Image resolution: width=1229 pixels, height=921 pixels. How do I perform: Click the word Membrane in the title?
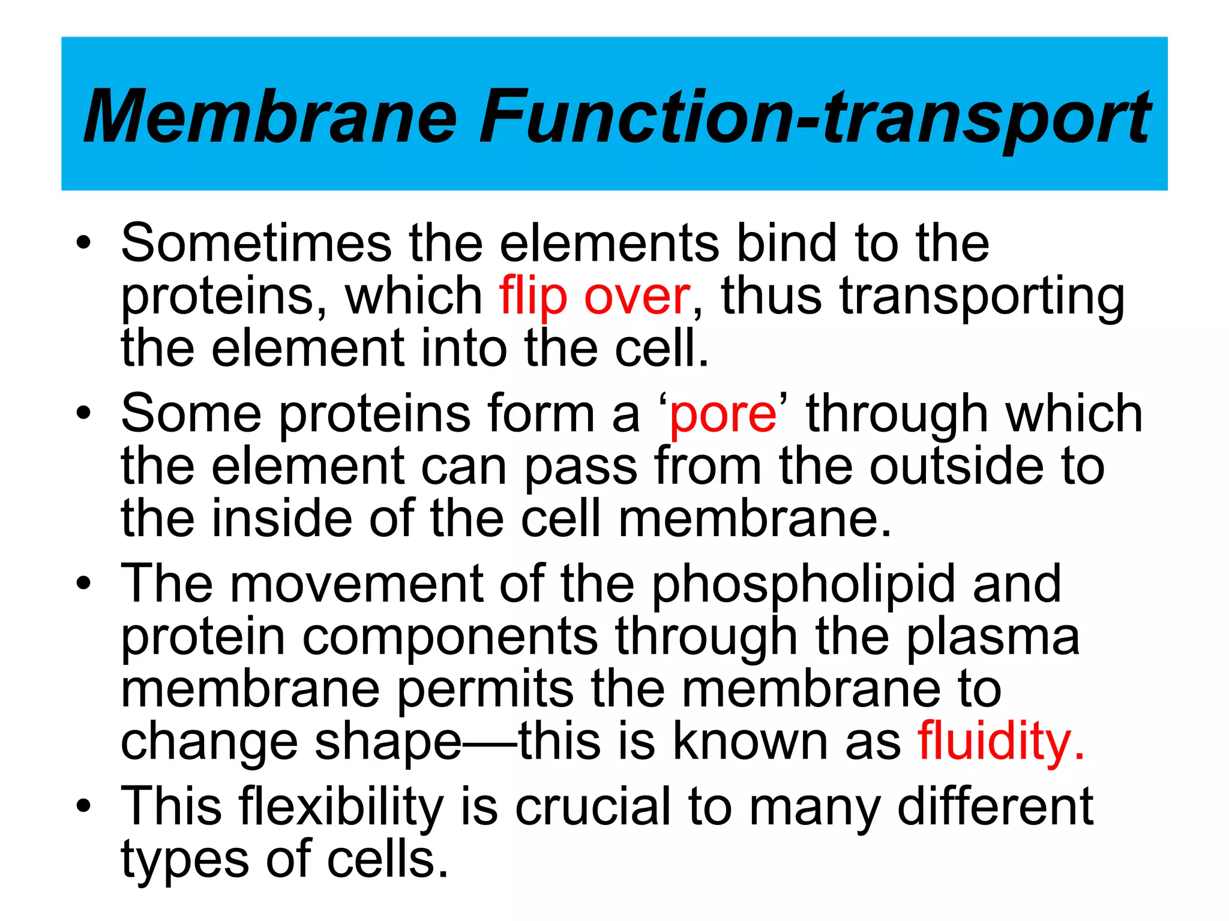point(270,116)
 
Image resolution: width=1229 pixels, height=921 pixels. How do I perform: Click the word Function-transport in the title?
point(814,116)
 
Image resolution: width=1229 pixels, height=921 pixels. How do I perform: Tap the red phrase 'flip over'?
point(594,296)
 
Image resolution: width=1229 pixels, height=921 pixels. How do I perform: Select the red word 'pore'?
point(723,414)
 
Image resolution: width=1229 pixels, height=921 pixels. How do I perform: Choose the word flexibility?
point(341,807)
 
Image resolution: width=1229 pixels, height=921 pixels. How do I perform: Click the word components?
point(450,637)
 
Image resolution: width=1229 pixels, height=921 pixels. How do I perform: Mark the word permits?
point(485,690)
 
